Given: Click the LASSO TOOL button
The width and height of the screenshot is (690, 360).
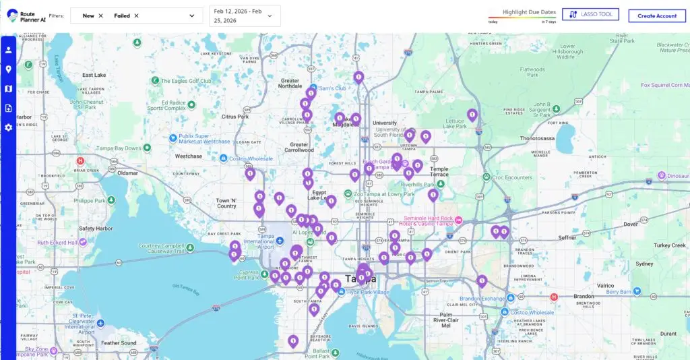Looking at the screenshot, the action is (590, 14).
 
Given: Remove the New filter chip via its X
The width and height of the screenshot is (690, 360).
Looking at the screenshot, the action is (101, 16).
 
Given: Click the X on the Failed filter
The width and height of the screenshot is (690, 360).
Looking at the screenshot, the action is (136, 16).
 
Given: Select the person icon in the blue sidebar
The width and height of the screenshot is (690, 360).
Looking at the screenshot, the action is (9, 50).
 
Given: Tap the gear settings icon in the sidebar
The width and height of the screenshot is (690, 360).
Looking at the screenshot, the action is (9, 127).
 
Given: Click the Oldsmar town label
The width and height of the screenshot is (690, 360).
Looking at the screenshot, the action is (127, 173).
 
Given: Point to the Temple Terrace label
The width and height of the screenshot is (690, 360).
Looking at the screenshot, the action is (439, 173).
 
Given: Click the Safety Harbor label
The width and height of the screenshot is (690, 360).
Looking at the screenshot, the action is (96, 229).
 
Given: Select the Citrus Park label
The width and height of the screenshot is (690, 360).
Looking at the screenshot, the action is (235, 117).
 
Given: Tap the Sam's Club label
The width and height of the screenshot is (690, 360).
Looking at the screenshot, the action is (332, 88).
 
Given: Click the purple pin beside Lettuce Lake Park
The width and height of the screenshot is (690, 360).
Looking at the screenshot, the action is (472, 115).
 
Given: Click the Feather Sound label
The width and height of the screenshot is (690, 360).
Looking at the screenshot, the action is (119, 343).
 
